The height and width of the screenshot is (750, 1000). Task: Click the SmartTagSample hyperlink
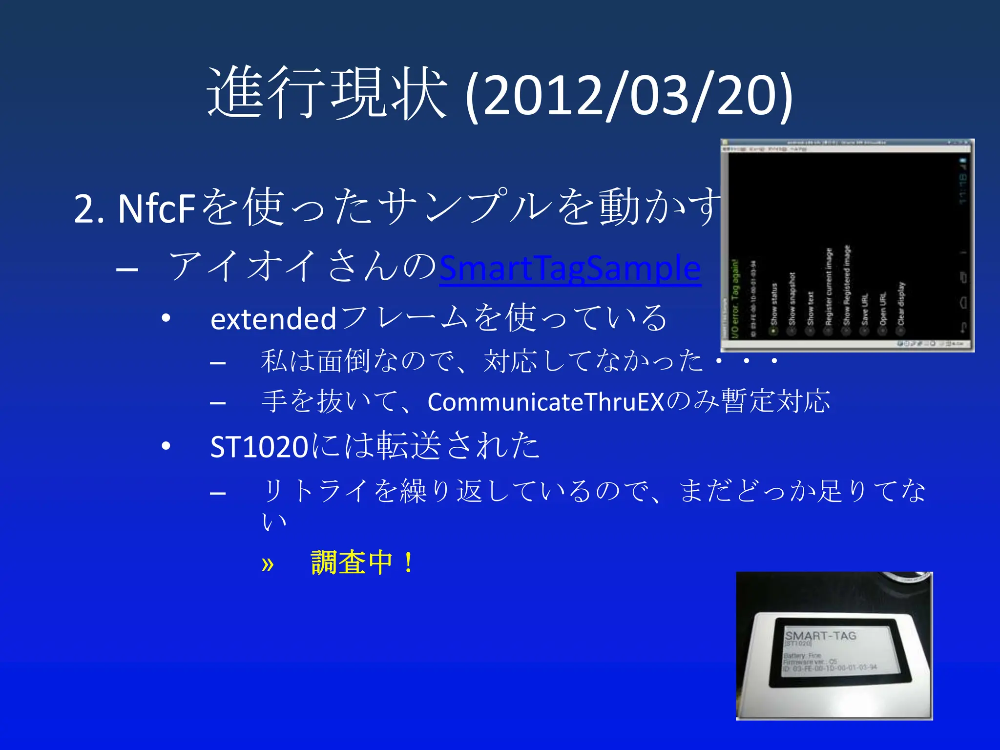(570, 268)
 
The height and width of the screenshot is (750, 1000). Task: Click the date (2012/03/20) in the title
(629, 95)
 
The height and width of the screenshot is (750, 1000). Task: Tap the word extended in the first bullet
(273, 319)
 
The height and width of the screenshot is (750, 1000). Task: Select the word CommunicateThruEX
(546, 402)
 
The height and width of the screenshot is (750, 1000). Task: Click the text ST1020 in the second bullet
(259, 447)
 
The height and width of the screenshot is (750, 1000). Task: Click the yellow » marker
(268, 564)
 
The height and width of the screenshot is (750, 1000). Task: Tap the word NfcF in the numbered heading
(156, 209)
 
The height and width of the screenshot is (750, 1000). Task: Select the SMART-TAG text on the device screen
(821, 636)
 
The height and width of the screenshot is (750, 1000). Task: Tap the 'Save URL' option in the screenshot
(865, 310)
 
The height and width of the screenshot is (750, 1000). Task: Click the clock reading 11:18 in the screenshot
(962, 188)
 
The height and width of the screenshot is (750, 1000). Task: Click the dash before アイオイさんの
(127, 269)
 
